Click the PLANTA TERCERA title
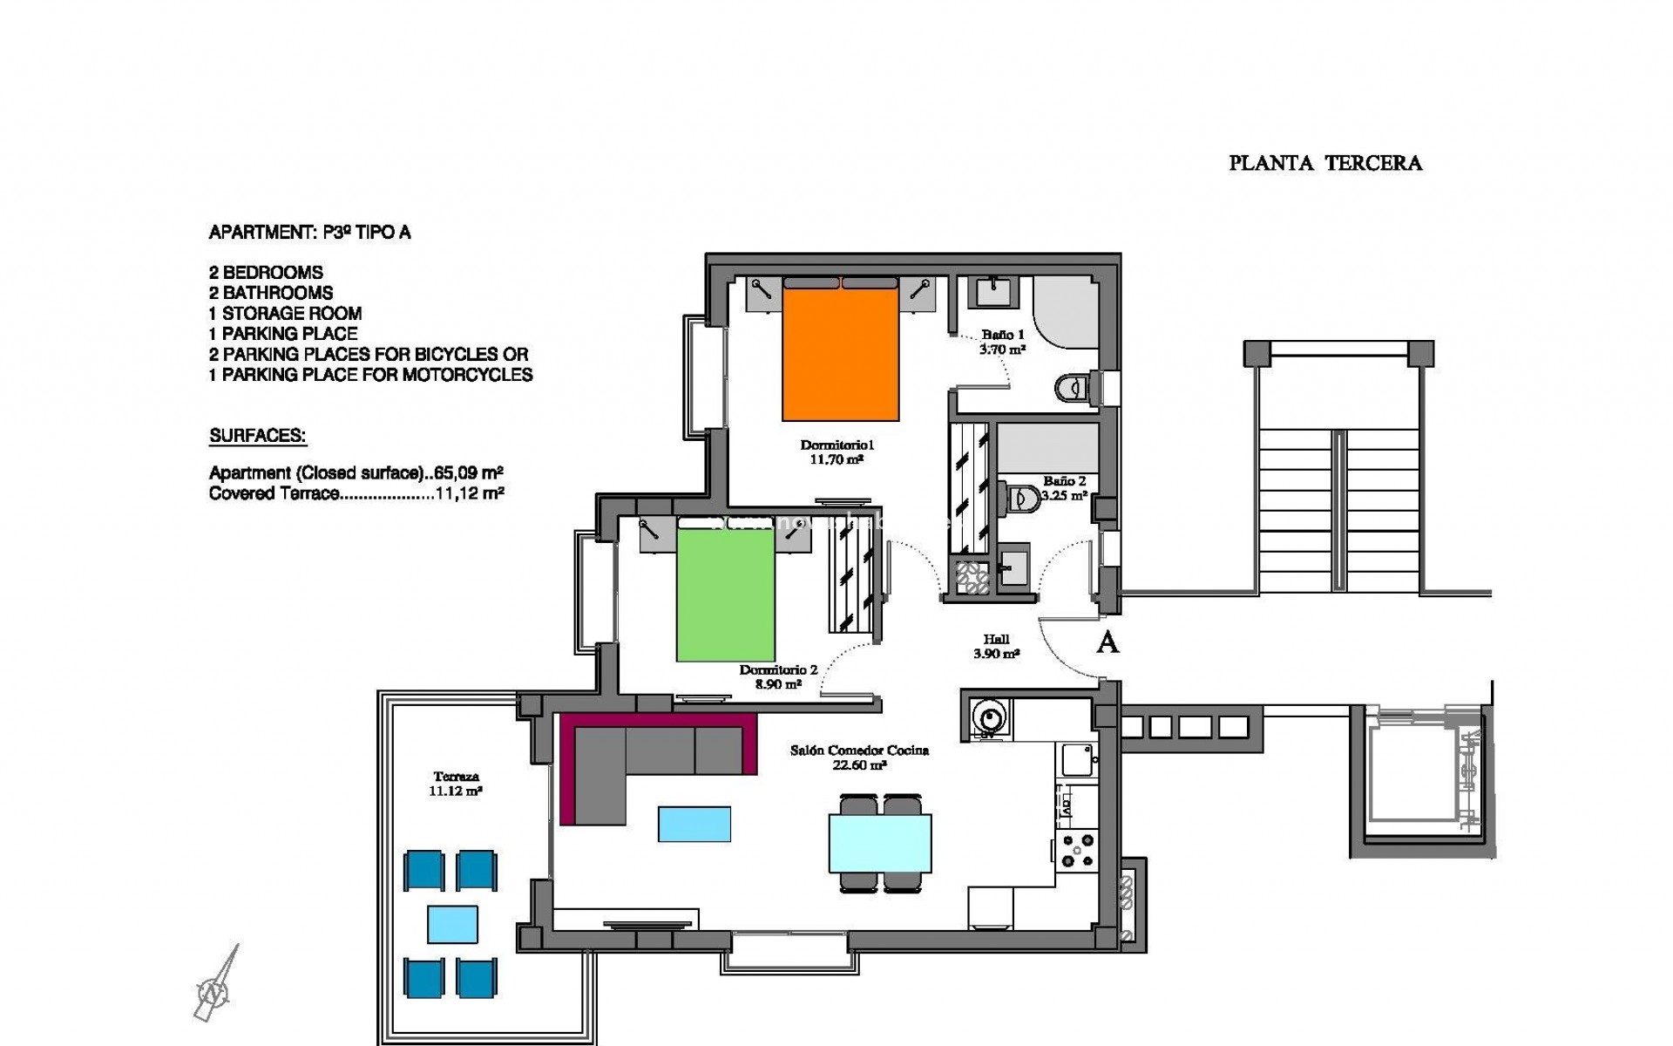(1324, 164)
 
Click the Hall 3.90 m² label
(996, 647)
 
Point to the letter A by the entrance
(1107, 643)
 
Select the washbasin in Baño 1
(993, 291)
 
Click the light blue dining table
(880, 843)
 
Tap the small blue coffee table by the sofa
(694, 824)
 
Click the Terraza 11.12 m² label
(455, 784)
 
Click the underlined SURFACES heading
(258, 436)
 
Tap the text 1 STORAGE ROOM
(285, 313)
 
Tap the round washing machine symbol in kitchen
(990, 718)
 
